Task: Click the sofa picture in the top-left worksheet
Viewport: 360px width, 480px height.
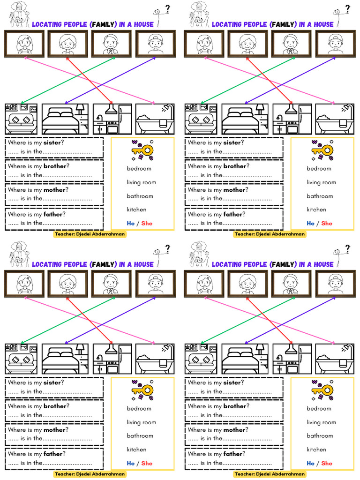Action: (x=22, y=119)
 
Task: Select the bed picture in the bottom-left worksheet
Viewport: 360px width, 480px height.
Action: (x=65, y=359)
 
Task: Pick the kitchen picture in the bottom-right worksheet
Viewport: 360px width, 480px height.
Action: (x=292, y=359)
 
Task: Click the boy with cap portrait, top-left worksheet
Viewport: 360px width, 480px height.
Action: (x=156, y=44)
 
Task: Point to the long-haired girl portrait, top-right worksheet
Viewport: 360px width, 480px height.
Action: (x=204, y=44)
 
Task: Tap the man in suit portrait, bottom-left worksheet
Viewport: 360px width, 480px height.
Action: (x=111, y=284)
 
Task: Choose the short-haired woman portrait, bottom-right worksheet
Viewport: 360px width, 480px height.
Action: (x=247, y=284)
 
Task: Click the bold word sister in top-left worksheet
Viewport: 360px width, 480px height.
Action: (x=52, y=143)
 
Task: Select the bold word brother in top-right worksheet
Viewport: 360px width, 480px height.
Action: (x=235, y=166)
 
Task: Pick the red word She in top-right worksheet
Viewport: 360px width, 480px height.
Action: (x=327, y=223)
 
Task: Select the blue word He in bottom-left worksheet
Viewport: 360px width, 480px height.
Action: (x=130, y=463)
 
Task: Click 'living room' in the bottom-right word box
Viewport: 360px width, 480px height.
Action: (x=321, y=422)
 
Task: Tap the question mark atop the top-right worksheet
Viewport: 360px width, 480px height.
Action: (x=347, y=8)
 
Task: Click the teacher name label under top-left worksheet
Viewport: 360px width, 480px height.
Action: (x=90, y=234)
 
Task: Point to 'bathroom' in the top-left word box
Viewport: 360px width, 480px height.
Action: (x=140, y=196)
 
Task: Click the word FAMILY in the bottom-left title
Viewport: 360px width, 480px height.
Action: (x=103, y=264)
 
